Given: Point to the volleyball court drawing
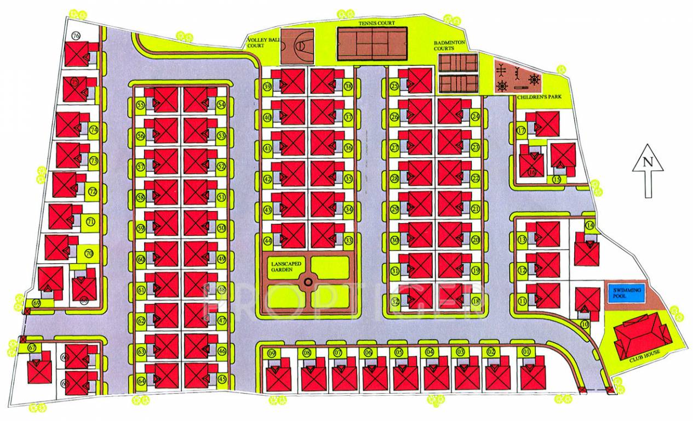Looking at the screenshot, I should (297, 46).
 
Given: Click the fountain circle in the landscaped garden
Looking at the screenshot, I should (308, 282).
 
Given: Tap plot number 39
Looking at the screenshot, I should (268, 87).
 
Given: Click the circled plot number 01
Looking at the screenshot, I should (526, 352).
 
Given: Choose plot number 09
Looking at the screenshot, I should (272, 353).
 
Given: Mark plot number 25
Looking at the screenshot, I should (394, 86).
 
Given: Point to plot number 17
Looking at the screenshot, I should (521, 130).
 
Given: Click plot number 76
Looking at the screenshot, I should (76, 36).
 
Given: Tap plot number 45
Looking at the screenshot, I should (222, 379).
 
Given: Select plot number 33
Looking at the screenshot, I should (348, 240).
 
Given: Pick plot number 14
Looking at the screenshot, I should (590, 225).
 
